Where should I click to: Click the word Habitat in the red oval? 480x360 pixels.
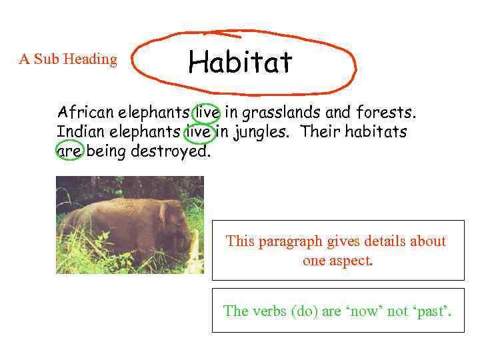pos(240,63)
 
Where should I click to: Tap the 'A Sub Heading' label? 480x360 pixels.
pos(68,59)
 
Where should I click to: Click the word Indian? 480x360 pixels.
pos(79,131)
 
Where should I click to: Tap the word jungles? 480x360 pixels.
pos(261,131)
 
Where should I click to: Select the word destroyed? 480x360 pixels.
pos(170,151)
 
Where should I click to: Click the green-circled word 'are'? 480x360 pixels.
pos(70,151)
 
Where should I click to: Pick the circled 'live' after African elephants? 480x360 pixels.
pos(206,111)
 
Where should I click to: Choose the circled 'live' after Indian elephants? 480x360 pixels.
pos(199,131)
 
